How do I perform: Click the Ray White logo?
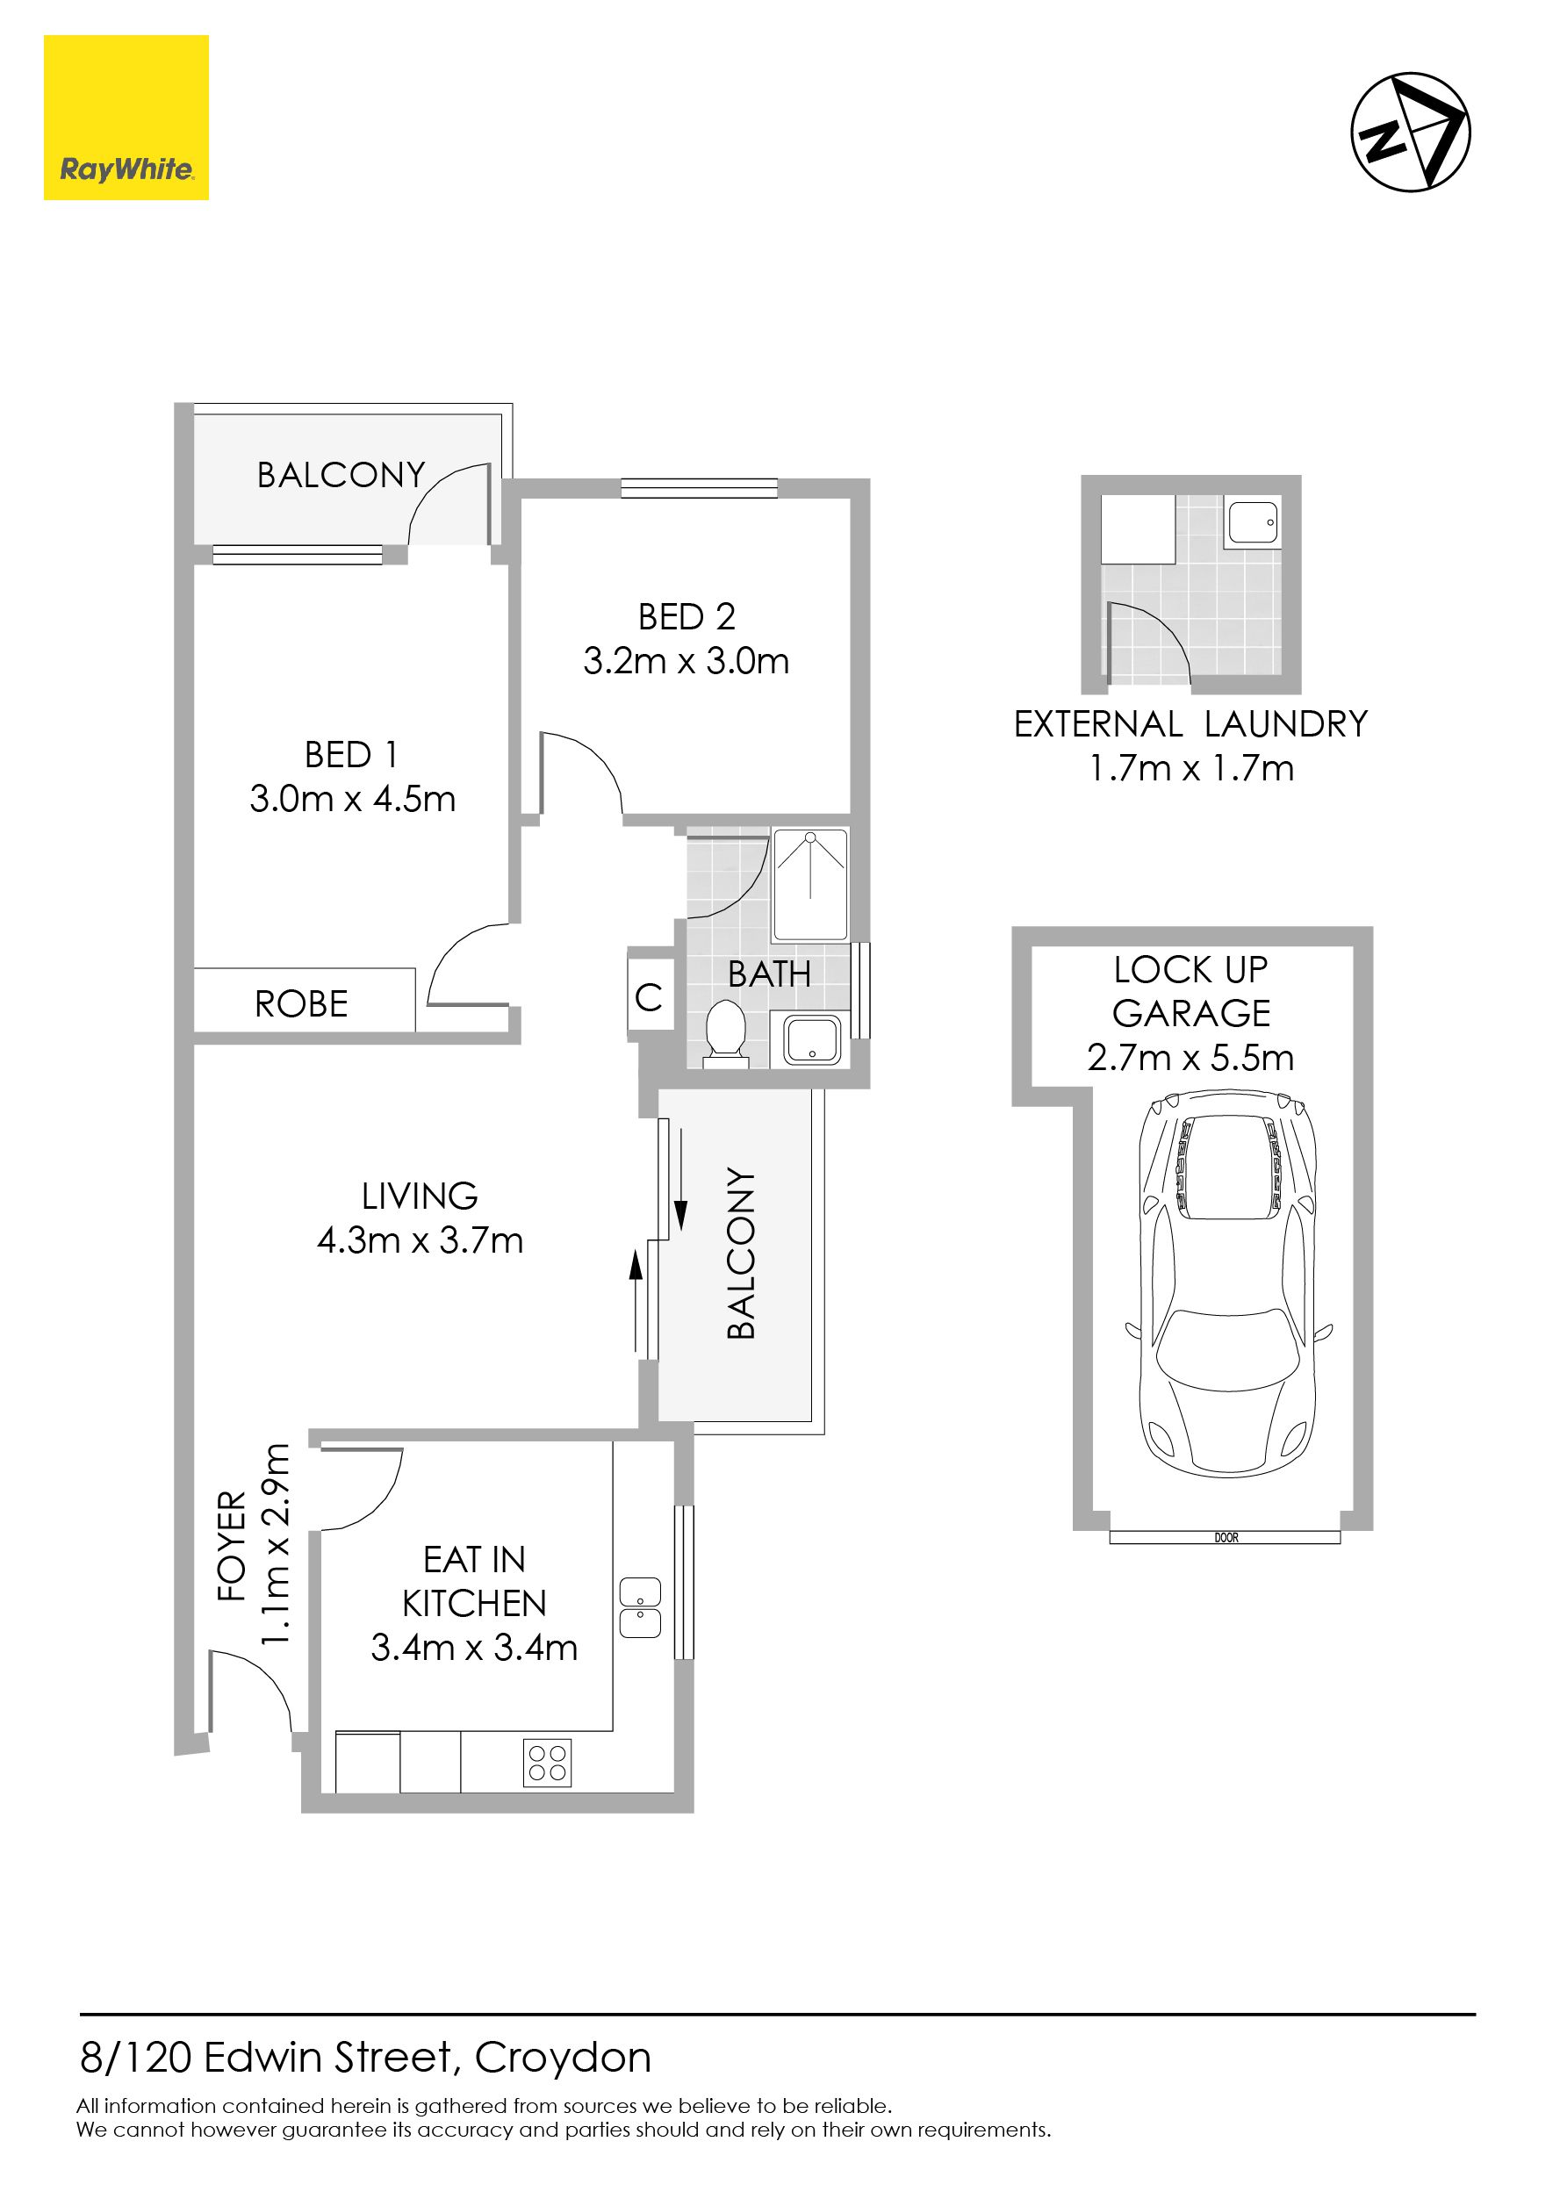(x=126, y=119)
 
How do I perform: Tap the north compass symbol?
(x=1410, y=132)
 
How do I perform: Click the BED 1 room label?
(x=350, y=755)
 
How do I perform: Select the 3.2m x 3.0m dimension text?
(x=686, y=661)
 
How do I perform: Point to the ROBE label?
(x=302, y=1004)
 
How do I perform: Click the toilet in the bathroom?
(x=725, y=1035)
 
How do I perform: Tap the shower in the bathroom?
(x=811, y=884)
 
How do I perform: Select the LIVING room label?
(x=420, y=1196)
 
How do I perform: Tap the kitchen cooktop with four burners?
(x=548, y=1762)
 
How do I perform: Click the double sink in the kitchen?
(x=640, y=1607)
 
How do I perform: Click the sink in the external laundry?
(x=1254, y=521)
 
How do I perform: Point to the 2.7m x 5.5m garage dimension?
(x=1190, y=1058)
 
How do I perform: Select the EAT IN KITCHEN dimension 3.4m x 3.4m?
(x=475, y=1648)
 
